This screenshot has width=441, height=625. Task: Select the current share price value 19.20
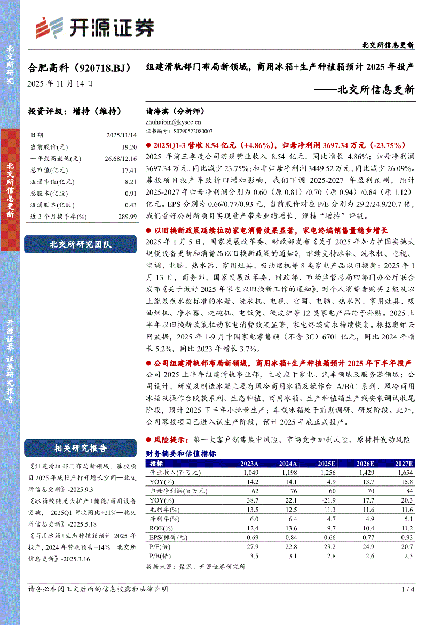pos(129,146)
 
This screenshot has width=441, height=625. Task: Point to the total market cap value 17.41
pos(129,169)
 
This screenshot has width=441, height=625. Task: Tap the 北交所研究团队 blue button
pos(81,244)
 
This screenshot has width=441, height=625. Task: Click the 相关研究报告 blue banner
pos(81,448)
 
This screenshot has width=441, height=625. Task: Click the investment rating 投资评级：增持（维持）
pos(75,112)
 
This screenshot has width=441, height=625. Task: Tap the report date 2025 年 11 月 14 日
pos(61,83)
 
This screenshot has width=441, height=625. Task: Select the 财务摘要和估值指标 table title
pos(181,453)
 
